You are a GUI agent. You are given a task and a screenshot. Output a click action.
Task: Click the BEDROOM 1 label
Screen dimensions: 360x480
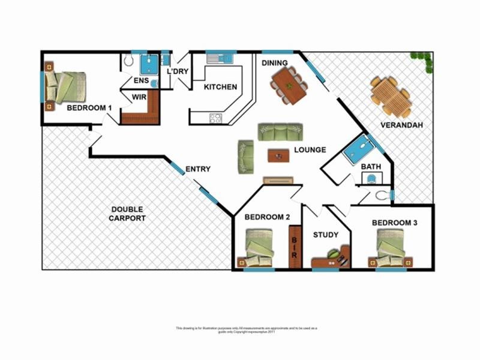tap(89, 108)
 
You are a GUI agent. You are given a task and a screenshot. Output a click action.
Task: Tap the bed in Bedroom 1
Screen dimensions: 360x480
tap(65, 88)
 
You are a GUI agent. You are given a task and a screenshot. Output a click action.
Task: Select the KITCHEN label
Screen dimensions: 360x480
tap(220, 87)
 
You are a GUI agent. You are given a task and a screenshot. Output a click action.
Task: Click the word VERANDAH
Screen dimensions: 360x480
tap(401, 125)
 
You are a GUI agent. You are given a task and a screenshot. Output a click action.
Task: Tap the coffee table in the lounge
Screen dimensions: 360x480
tap(278, 155)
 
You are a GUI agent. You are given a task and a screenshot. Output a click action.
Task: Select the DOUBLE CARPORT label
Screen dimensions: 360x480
tap(127, 214)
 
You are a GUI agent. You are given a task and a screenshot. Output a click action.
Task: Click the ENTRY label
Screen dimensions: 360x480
tap(197, 169)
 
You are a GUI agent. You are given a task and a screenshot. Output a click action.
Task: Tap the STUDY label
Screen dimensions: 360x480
tap(326, 235)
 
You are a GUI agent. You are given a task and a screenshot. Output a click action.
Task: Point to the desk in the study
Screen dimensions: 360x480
tap(331, 258)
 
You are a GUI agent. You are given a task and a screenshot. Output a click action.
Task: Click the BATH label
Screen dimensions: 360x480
tap(371, 166)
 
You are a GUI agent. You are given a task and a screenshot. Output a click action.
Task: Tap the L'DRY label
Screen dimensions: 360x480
tap(178, 72)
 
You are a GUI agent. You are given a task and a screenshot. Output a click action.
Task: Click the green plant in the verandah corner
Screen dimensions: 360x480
tap(422, 59)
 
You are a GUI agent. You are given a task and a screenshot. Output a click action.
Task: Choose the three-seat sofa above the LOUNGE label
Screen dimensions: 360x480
tap(280, 131)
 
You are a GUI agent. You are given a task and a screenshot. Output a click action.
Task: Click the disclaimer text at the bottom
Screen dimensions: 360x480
tap(246, 329)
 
